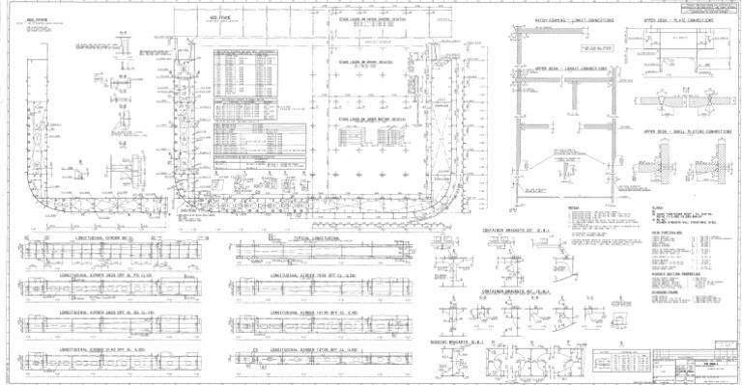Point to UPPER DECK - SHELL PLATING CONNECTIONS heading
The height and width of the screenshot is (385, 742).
(x=685, y=130)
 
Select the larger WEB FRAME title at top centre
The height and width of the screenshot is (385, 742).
(x=218, y=17)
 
